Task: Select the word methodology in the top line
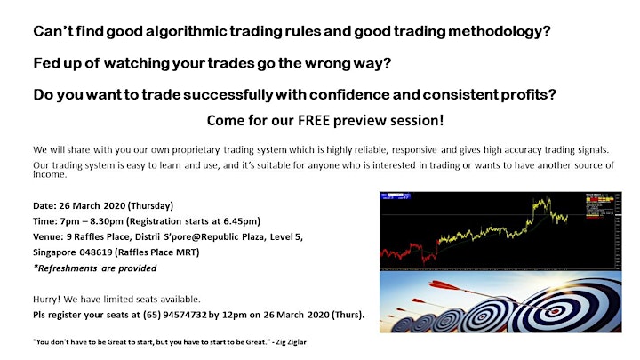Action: pyautogui.click(x=500, y=31)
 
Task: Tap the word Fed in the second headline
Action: pyautogui.click(x=45, y=63)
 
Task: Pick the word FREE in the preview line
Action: pyautogui.click(x=314, y=120)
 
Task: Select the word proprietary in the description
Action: pyautogui.click(x=196, y=150)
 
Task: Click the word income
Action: pyautogui.click(x=50, y=175)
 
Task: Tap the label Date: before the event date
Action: pyautogui.click(x=45, y=205)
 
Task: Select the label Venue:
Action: pyautogui.click(x=48, y=236)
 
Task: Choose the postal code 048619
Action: pyautogui.click(x=95, y=252)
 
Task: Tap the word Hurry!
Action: pyautogui.click(x=47, y=300)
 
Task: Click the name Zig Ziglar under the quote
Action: pyautogui.click(x=291, y=342)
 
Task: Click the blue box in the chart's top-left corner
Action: pyautogui.click(x=395, y=197)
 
